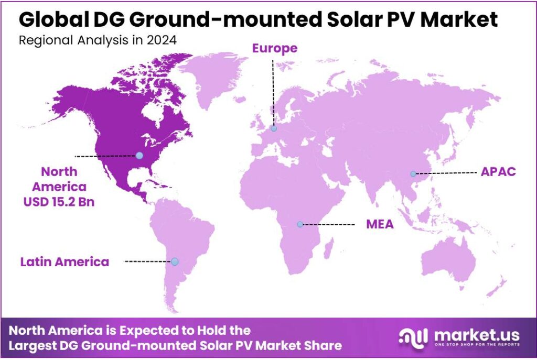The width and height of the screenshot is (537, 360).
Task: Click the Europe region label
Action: pyautogui.click(x=274, y=49)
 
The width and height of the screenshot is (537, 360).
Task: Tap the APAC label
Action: pyautogui.click(x=498, y=172)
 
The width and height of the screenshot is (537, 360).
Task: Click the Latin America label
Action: pyautogui.click(x=65, y=261)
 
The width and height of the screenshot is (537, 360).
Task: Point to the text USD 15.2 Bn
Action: pyautogui.click(x=59, y=201)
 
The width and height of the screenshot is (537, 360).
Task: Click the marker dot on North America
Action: pyautogui.click(x=139, y=155)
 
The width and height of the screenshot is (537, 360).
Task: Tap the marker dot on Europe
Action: pyautogui.click(x=273, y=128)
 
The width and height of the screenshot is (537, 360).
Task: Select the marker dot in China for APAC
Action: pyautogui.click(x=413, y=173)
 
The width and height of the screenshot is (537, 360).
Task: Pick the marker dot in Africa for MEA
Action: pyautogui.click(x=300, y=224)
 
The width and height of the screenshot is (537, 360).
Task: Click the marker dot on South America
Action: pyautogui.click(x=175, y=261)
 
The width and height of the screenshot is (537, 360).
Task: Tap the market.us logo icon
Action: pyautogui.click(x=413, y=336)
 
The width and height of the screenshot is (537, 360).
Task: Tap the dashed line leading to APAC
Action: pyautogui.click(x=445, y=172)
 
